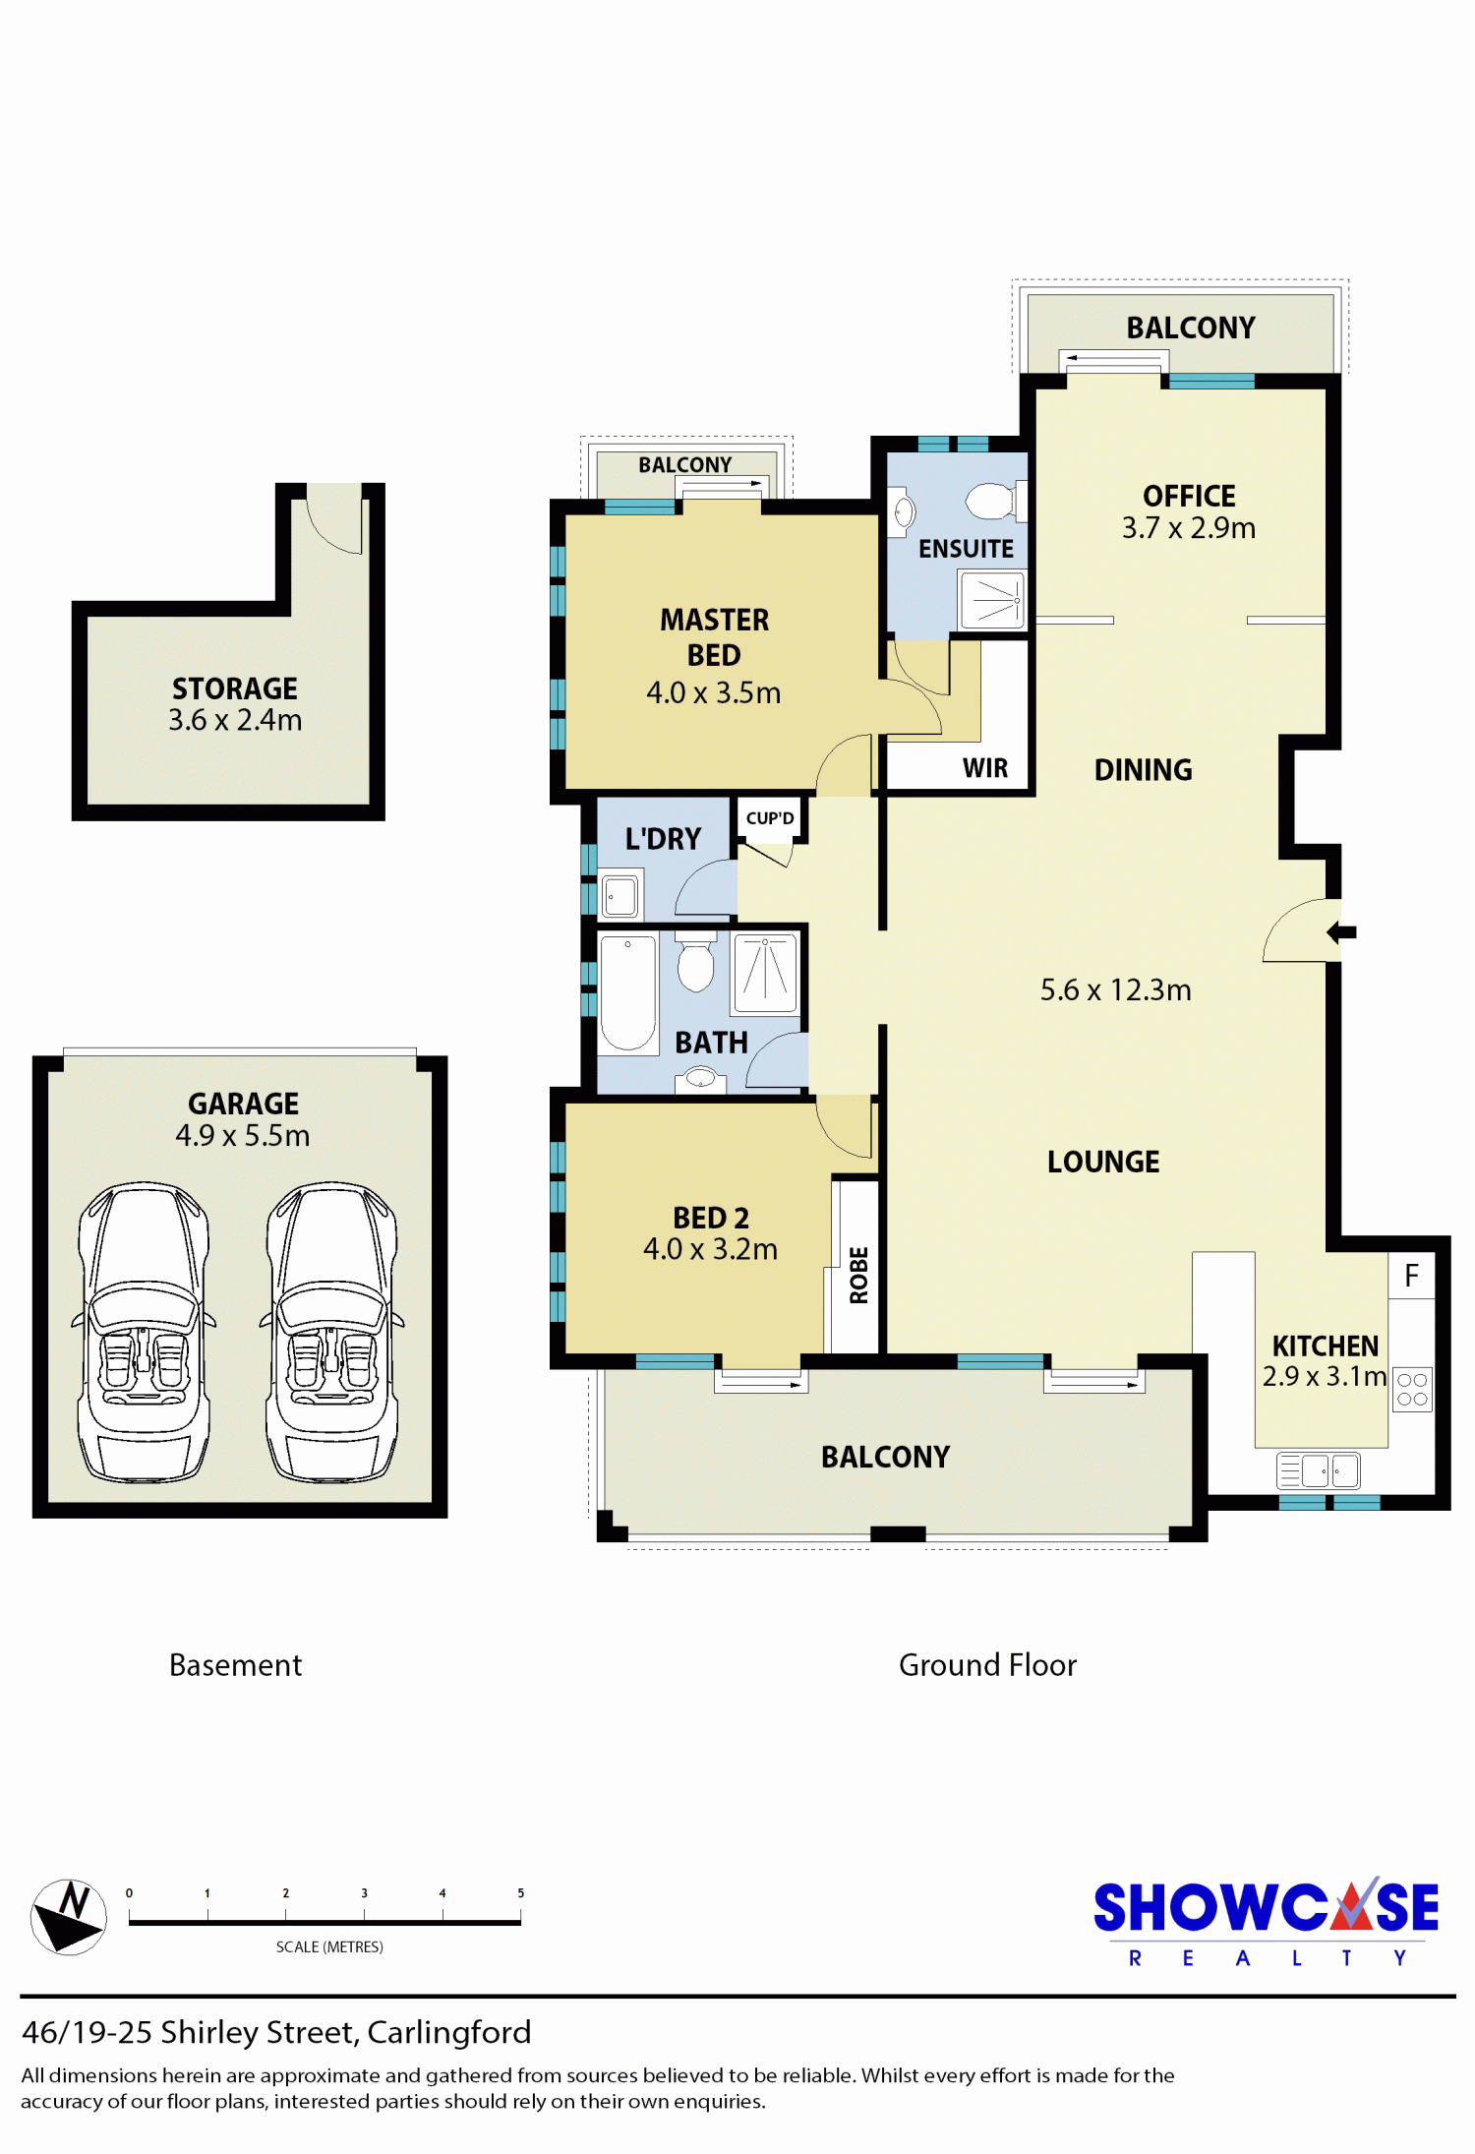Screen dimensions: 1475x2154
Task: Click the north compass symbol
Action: point(69,1916)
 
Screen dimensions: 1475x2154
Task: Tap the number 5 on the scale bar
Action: point(520,1892)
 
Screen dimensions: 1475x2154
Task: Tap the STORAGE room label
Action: point(235,688)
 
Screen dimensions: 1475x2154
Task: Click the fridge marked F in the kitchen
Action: point(1411,1276)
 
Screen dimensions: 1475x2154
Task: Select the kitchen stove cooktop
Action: point(1412,1390)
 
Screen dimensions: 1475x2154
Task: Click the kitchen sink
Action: point(1318,1470)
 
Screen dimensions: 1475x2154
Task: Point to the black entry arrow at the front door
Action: point(1341,931)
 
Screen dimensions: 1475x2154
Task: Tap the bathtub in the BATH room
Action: point(627,993)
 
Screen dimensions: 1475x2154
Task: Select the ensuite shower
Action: point(992,600)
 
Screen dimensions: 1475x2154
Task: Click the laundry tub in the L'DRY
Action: point(620,895)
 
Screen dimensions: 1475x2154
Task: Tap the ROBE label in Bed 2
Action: point(858,1276)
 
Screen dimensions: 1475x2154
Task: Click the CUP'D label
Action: point(770,818)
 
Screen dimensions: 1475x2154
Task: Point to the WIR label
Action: point(985,768)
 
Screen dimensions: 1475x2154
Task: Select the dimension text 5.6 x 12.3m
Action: point(1115,989)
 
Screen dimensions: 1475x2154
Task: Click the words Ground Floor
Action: point(987,1664)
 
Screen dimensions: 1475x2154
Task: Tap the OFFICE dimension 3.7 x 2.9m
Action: point(1189,528)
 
